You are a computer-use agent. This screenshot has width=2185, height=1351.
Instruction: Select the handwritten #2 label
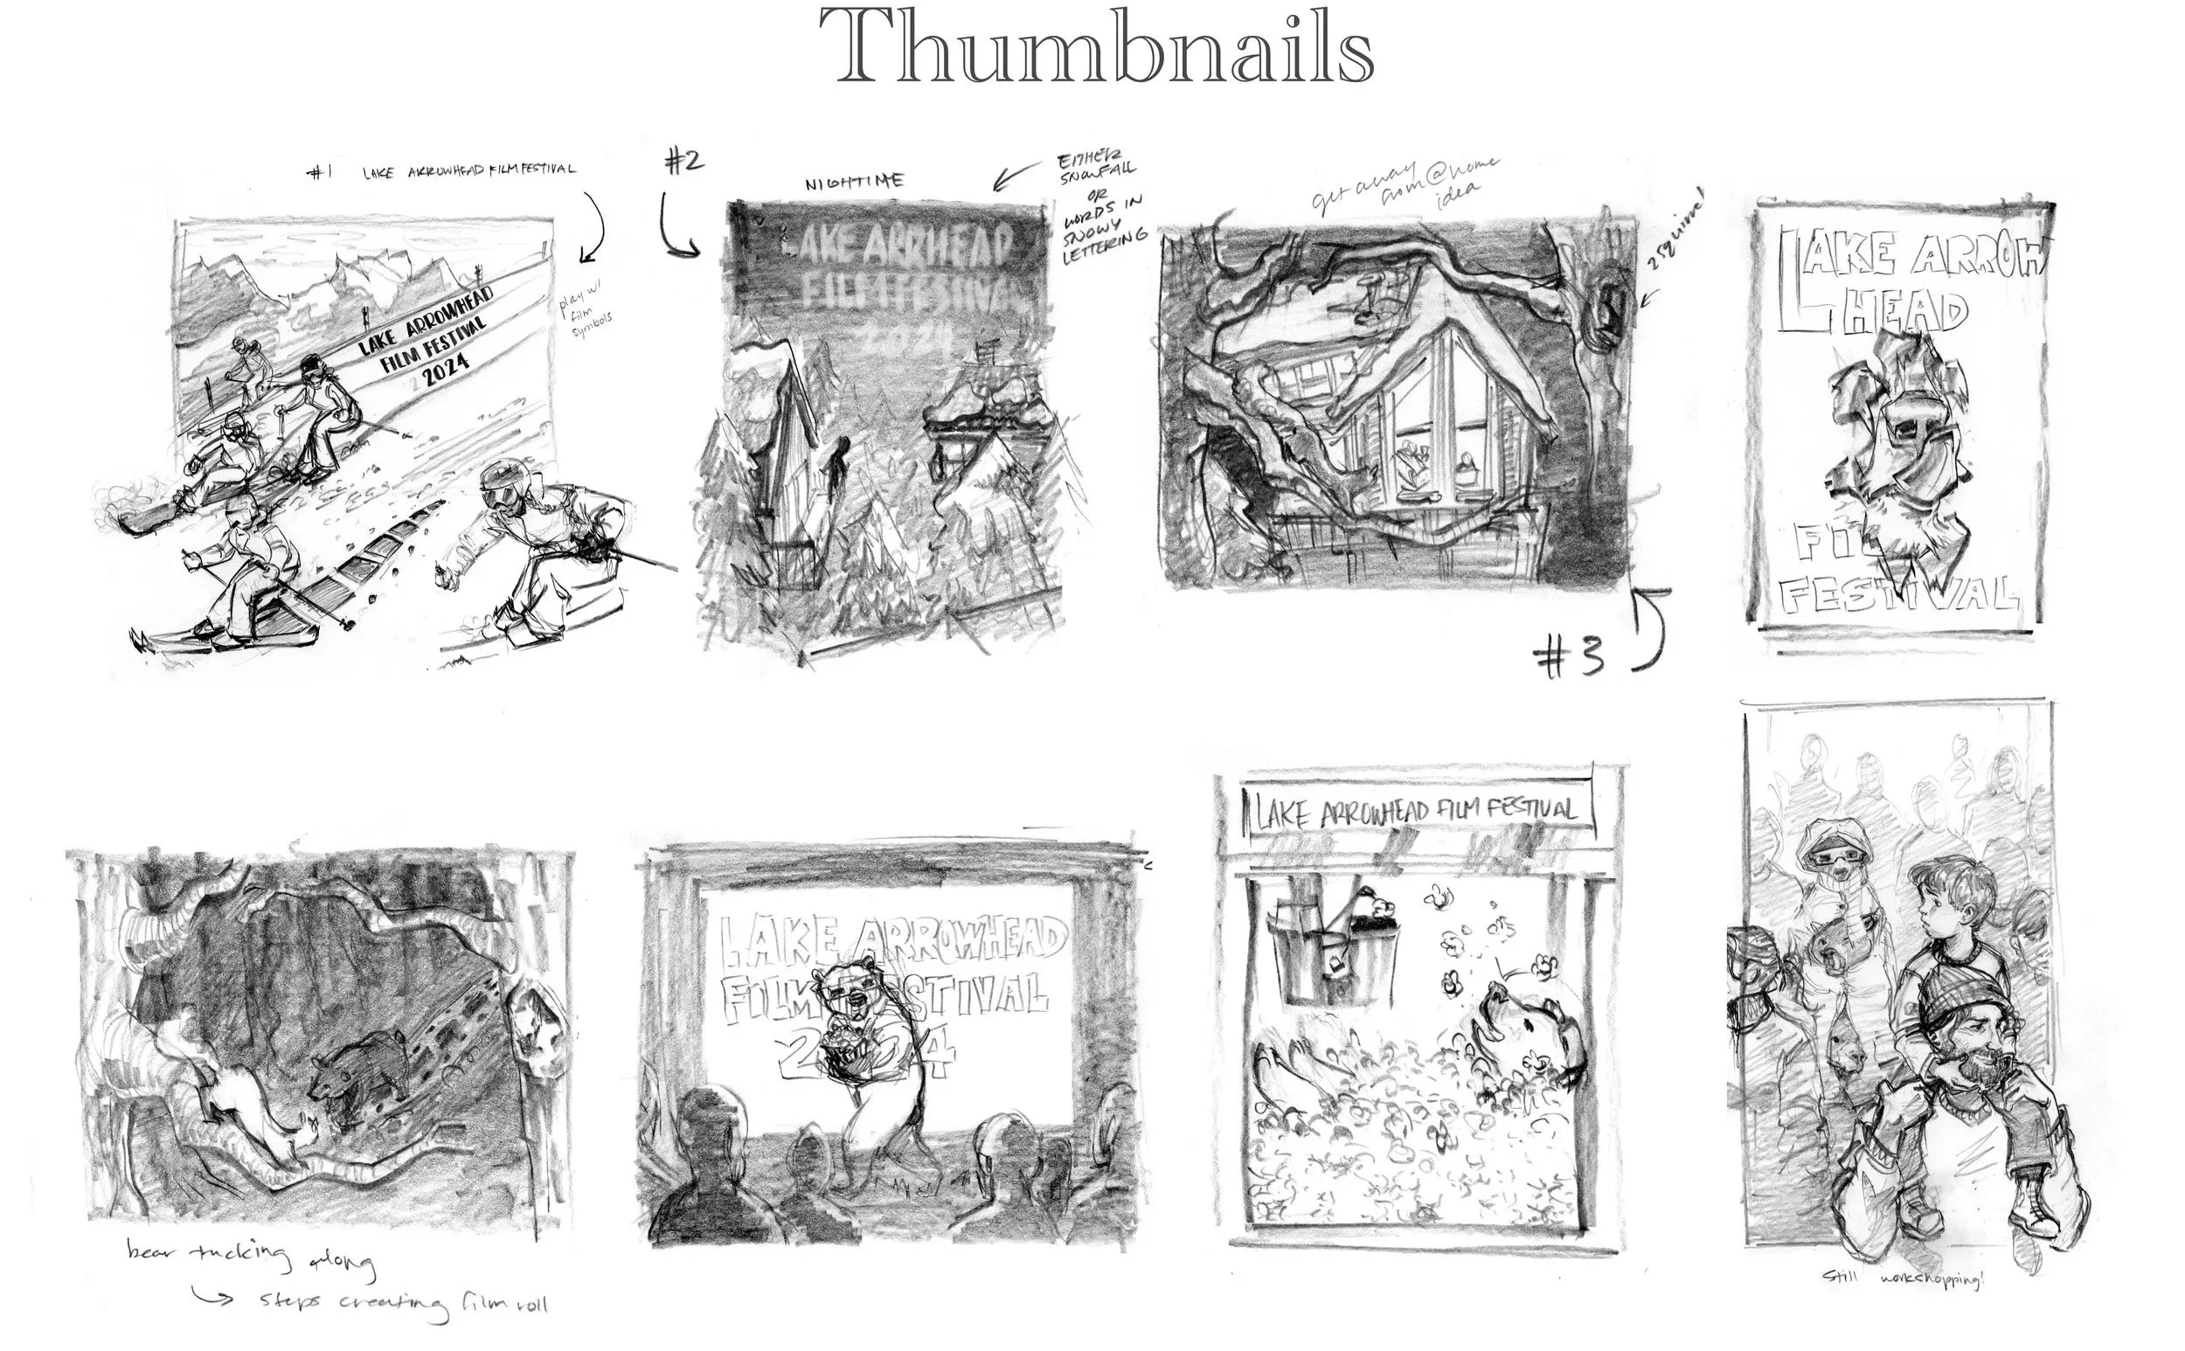[x=683, y=161]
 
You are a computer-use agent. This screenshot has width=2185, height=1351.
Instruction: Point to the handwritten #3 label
[x=1568, y=660]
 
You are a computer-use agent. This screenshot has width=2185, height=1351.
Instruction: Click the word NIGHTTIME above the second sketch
[x=855, y=183]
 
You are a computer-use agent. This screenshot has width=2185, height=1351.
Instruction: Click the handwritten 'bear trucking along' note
[x=250, y=1257]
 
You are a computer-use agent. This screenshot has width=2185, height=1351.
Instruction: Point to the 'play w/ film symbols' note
[x=586, y=318]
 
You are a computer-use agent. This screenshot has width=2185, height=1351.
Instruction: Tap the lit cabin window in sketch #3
[x=1430, y=465]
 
